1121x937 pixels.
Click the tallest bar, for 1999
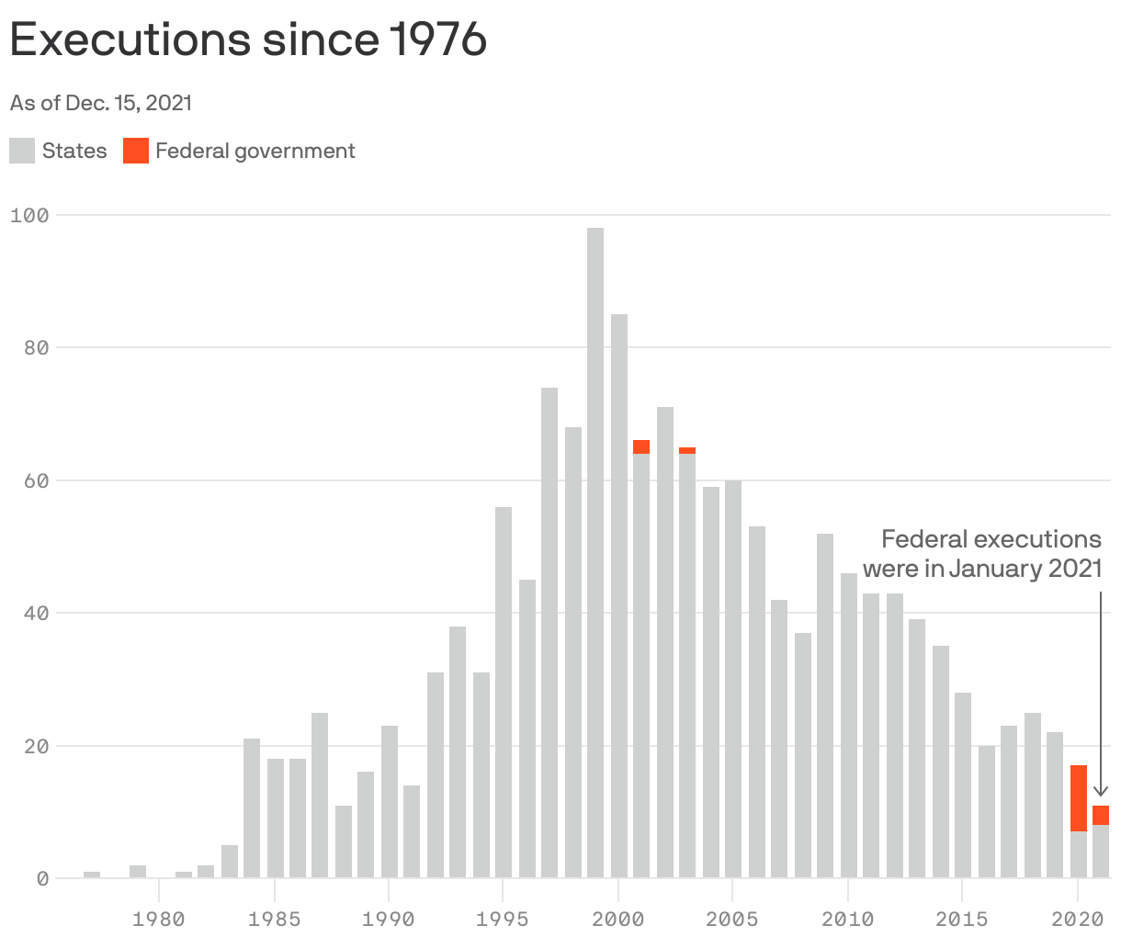(595, 551)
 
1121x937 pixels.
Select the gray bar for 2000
(618, 597)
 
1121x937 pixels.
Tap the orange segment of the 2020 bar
(1078, 797)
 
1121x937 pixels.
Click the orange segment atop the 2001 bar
(641, 447)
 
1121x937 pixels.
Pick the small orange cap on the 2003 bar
(687, 450)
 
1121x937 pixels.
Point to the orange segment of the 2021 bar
(1101, 815)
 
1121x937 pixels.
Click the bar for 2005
(733, 680)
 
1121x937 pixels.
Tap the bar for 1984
(252, 808)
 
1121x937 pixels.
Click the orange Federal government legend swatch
(136, 151)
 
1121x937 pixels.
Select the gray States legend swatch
(22, 151)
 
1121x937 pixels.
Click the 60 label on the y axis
(35, 480)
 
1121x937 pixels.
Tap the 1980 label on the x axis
(158, 918)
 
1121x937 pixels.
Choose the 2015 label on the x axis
(961, 918)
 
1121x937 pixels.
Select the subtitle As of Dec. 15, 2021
(101, 103)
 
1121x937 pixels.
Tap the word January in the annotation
(991, 569)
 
